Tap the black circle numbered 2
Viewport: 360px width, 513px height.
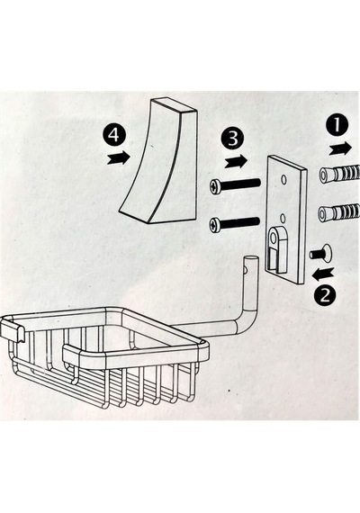(x=325, y=296)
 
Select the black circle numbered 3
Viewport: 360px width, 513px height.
(x=233, y=139)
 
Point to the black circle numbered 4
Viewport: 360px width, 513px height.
(x=113, y=135)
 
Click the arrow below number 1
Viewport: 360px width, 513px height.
(x=340, y=149)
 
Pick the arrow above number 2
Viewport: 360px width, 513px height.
(x=323, y=274)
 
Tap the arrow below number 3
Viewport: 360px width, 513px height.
(x=237, y=160)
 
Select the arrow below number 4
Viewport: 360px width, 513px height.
(x=119, y=157)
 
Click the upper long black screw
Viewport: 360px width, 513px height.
(x=235, y=184)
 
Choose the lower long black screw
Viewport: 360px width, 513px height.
(x=235, y=223)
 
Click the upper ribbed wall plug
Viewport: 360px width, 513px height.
(x=338, y=175)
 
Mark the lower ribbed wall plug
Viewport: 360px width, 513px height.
(x=338, y=211)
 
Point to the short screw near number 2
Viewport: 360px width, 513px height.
(x=320, y=253)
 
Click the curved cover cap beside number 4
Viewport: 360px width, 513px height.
(x=158, y=161)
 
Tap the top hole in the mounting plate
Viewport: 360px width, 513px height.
(x=283, y=179)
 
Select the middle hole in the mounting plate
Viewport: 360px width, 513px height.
(x=283, y=218)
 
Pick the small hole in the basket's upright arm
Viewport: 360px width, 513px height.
(x=246, y=270)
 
